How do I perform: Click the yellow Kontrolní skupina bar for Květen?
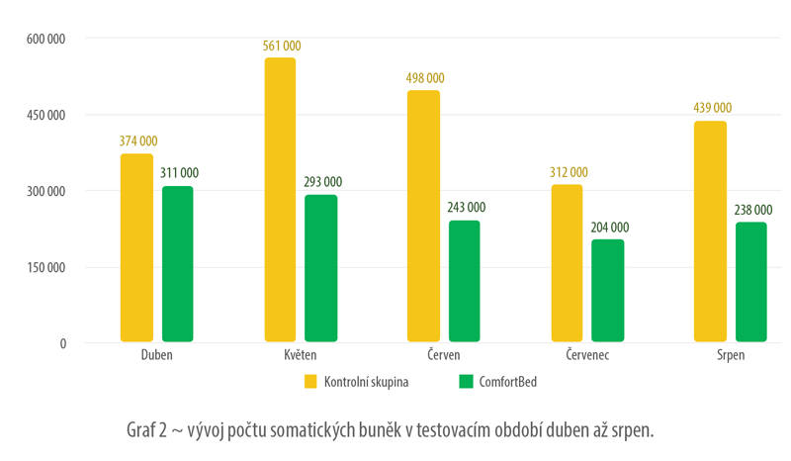(281, 200)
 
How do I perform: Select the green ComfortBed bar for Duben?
(178, 264)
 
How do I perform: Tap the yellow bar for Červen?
(424, 217)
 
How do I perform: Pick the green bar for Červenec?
(608, 291)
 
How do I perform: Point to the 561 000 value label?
(281, 46)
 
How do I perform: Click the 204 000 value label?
(608, 228)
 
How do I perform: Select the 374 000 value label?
(137, 142)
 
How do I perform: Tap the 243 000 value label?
(465, 208)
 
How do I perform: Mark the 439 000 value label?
(710, 109)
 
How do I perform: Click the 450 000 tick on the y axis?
(44, 115)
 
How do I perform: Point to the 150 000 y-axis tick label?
(44, 267)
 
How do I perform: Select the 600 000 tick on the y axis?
(44, 39)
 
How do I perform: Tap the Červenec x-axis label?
(587, 356)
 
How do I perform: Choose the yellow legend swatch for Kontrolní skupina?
(309, 381)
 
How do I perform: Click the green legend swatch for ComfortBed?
(466, 381)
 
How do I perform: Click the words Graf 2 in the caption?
(149, 430)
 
